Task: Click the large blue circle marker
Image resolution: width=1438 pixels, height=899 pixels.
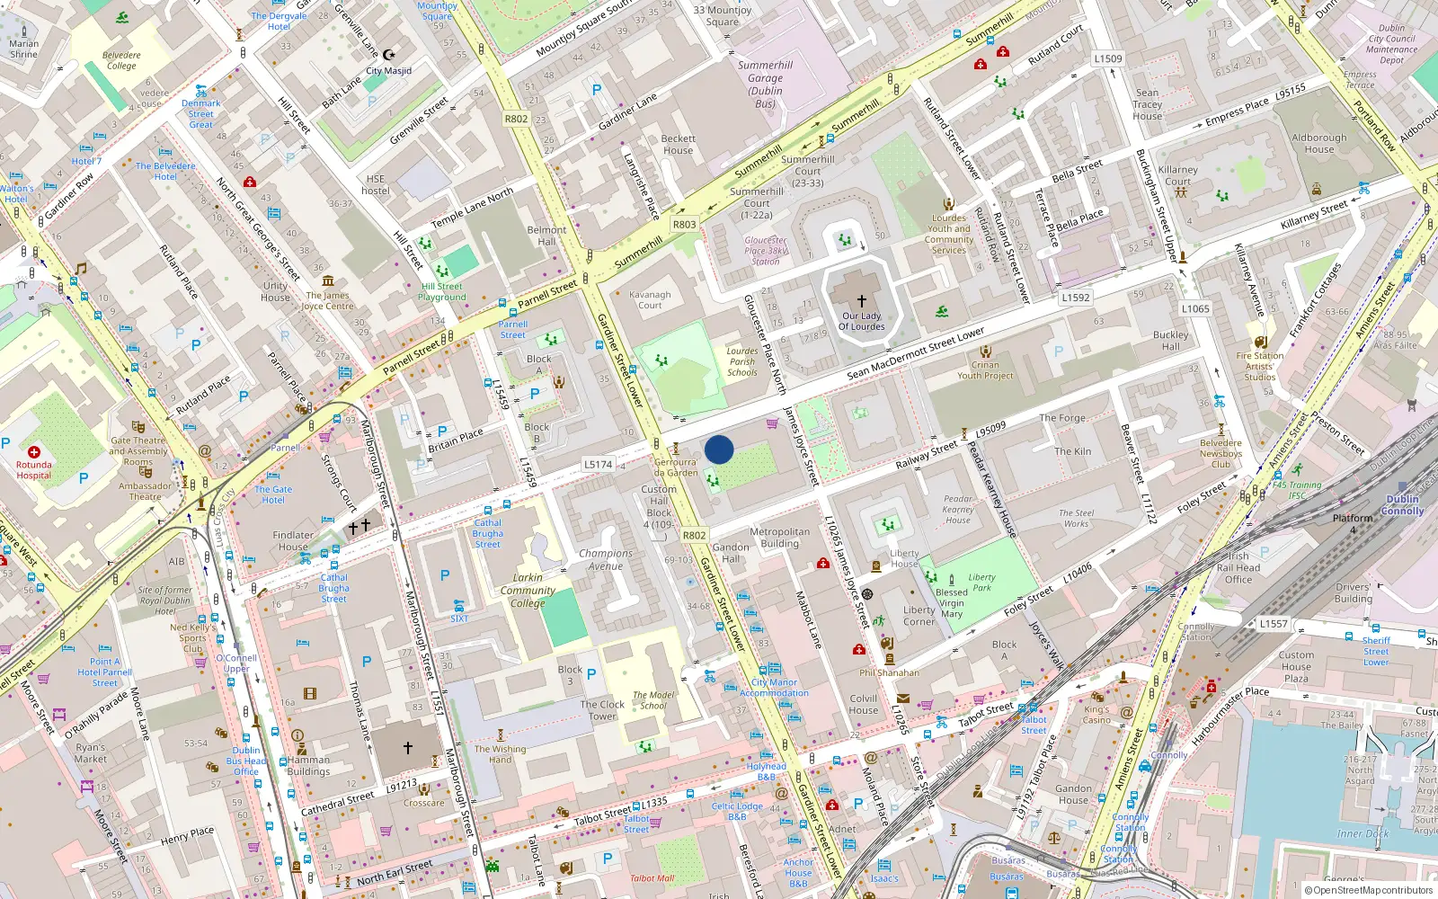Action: point(719,449)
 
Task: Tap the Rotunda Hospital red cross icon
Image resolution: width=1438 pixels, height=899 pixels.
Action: point(33,452)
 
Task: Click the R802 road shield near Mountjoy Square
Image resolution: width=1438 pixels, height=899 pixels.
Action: point(516,119)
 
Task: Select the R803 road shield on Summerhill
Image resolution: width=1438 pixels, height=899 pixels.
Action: point(684,225)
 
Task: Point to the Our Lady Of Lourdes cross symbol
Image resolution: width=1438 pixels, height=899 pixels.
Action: point(861,301)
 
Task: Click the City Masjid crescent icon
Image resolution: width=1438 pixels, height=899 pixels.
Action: point(388,55)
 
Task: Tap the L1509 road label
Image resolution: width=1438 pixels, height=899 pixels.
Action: point(1107,58)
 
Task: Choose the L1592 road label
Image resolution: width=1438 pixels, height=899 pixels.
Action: point(1075,298)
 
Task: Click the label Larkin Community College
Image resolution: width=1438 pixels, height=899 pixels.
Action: point(528,591)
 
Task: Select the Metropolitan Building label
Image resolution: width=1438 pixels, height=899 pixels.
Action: point(779,538)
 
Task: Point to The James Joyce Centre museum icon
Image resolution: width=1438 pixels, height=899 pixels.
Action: point(327,281)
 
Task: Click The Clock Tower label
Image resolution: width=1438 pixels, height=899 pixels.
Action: point(602,710)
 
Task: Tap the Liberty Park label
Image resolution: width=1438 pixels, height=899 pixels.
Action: point(981,583)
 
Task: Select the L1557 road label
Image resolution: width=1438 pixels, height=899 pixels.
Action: point(1273,623)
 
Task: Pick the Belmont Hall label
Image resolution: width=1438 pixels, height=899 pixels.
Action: point(546,236)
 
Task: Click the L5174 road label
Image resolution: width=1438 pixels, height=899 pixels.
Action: point(598,465)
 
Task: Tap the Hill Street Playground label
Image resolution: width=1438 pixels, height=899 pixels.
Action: point(442,292)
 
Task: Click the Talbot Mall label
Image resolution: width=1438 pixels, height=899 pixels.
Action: point(652,878)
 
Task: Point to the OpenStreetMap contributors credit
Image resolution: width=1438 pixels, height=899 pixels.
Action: point(1368,890)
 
